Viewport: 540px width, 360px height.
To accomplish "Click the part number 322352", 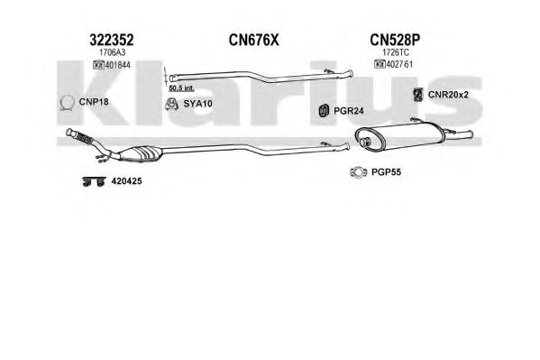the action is coord(111,40).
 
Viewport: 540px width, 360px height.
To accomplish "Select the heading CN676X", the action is coord(253,40).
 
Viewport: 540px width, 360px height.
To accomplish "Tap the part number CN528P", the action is coord(395,40).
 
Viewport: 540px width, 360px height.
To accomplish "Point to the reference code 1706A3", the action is coord(112,52).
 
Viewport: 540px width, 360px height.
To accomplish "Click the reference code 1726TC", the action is coord(396,52).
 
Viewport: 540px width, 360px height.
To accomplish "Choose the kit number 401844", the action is coord(117,65).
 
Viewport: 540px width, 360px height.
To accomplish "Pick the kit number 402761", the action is coord(399,64).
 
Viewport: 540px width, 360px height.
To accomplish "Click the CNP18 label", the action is coord(94,102).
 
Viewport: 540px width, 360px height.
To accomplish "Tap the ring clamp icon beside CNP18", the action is coord(67,103).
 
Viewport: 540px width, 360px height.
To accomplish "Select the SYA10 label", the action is coord(197,104).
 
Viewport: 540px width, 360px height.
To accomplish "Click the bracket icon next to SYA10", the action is coord(171,104).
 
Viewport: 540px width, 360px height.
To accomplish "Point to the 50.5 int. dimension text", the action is coord(181,88).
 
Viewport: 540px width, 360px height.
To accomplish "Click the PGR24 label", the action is coord(349,111).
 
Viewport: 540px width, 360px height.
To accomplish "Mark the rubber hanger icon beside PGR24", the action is coord(324,110).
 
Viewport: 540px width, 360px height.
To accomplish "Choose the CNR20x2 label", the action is coord(448,95).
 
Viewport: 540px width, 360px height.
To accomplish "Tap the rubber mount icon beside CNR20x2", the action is coord(418,95).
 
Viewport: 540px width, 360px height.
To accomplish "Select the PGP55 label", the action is coord(386,172).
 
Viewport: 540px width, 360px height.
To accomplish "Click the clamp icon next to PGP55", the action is coord(358,171).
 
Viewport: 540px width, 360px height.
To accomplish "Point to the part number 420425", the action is coord(126,181).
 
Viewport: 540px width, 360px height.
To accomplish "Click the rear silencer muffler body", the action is coord(399,135).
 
